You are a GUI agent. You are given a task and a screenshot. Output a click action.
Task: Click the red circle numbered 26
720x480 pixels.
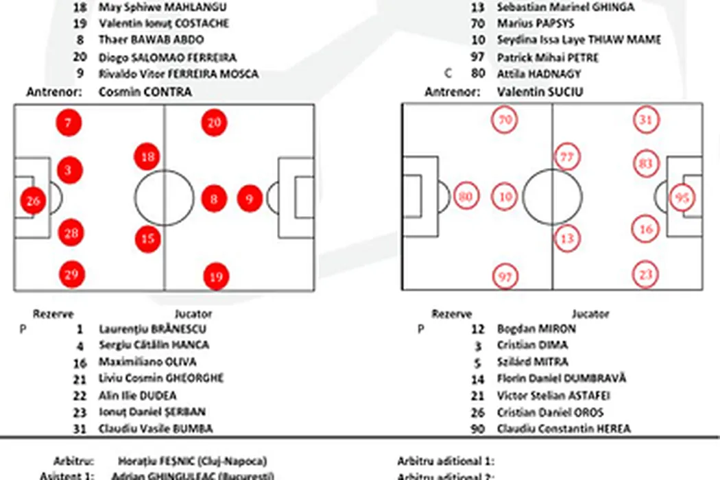33,201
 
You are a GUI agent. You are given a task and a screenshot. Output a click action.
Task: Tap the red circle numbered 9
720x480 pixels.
250,199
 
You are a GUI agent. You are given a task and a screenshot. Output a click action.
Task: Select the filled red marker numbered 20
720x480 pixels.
214,123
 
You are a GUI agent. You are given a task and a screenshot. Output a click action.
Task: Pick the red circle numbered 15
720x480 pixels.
148,239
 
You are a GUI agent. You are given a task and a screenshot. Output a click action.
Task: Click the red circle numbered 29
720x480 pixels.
71,274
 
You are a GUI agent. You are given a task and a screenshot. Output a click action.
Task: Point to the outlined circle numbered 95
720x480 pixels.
683,197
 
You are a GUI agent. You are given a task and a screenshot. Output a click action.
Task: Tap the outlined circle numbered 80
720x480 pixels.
466,197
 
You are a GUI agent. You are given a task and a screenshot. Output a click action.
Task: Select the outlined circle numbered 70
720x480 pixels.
505,120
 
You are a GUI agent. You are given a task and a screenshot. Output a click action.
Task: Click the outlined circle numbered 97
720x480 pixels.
505,276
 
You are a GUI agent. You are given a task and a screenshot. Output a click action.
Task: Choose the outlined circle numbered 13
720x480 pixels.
566,238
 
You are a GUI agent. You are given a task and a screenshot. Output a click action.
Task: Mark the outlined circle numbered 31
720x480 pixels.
646,119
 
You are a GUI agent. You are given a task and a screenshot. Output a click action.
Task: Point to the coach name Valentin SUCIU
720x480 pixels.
540,92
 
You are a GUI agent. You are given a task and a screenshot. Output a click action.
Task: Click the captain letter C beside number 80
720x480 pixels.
448,74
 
